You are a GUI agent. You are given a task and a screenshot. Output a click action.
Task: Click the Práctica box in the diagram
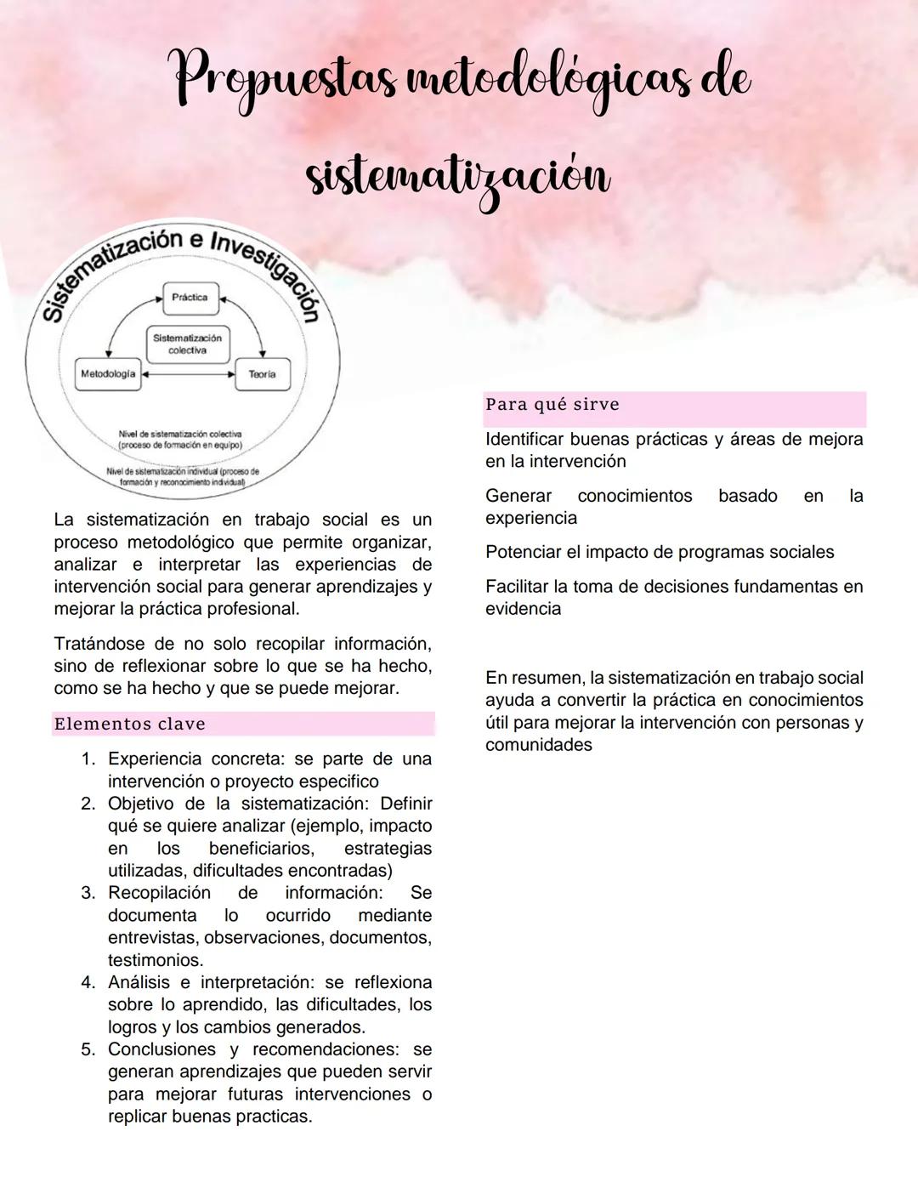click(x=190, y=298)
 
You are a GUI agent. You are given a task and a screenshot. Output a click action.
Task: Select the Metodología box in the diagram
click(x=108, y=374)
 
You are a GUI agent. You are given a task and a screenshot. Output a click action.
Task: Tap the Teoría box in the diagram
click(x=262, y=374)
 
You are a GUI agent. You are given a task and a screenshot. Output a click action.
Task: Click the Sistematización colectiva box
click(x=187, y=344)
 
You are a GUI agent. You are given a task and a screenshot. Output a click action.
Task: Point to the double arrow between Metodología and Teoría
click(x=187, y=373)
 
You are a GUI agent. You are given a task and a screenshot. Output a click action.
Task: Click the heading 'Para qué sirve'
click(x=552, y=405)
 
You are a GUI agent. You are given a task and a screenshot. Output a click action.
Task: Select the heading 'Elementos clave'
click(x=129, y=725)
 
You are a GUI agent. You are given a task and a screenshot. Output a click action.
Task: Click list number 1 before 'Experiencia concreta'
click(x=88, y=759)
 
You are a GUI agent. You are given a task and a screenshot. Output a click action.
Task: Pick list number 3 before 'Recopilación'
click(x=88, y=893)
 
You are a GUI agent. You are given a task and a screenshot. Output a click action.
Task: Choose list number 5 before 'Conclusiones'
click(x=88, y=1049)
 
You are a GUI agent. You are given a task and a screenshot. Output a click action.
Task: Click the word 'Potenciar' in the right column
click(x=522, y=553)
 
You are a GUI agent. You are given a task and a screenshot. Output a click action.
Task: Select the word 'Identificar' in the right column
click(x=528, y=440)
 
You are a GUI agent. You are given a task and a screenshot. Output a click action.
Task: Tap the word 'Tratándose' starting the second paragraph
click(x=99, y=644)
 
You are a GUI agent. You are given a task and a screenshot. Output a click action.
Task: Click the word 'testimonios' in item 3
click(x=155, y=960)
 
